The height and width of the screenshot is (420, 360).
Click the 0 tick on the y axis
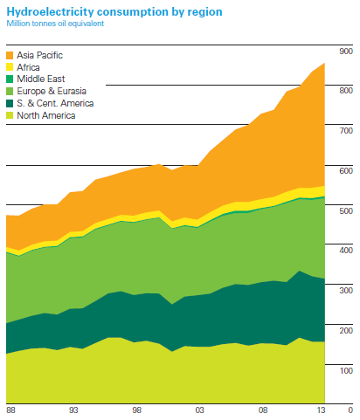coord(350,409)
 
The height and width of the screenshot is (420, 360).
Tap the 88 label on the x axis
coord(10,409)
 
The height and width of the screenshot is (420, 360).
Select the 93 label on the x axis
coord(74,409)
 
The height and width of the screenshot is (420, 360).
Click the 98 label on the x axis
coord(136,409)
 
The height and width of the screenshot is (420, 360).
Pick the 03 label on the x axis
coord(199,409)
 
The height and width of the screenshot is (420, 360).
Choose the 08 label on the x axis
coord(262,409)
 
